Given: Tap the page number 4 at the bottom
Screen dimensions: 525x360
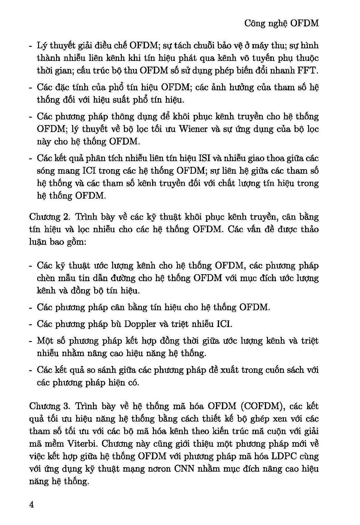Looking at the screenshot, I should click(32, 504).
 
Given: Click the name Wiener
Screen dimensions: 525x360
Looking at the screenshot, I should click(193, 129).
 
